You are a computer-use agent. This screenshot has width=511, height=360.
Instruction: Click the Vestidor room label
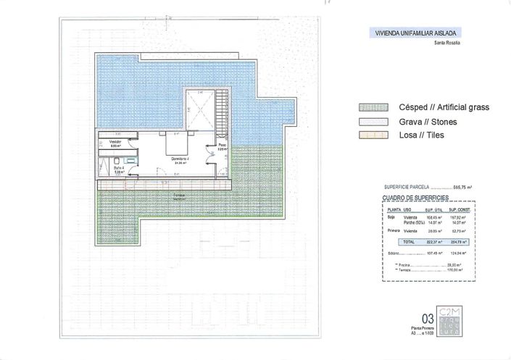pos(115,143)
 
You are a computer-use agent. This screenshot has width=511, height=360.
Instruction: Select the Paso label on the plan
pos(223,146)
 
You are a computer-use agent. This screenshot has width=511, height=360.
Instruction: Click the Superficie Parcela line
pos(428,187)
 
